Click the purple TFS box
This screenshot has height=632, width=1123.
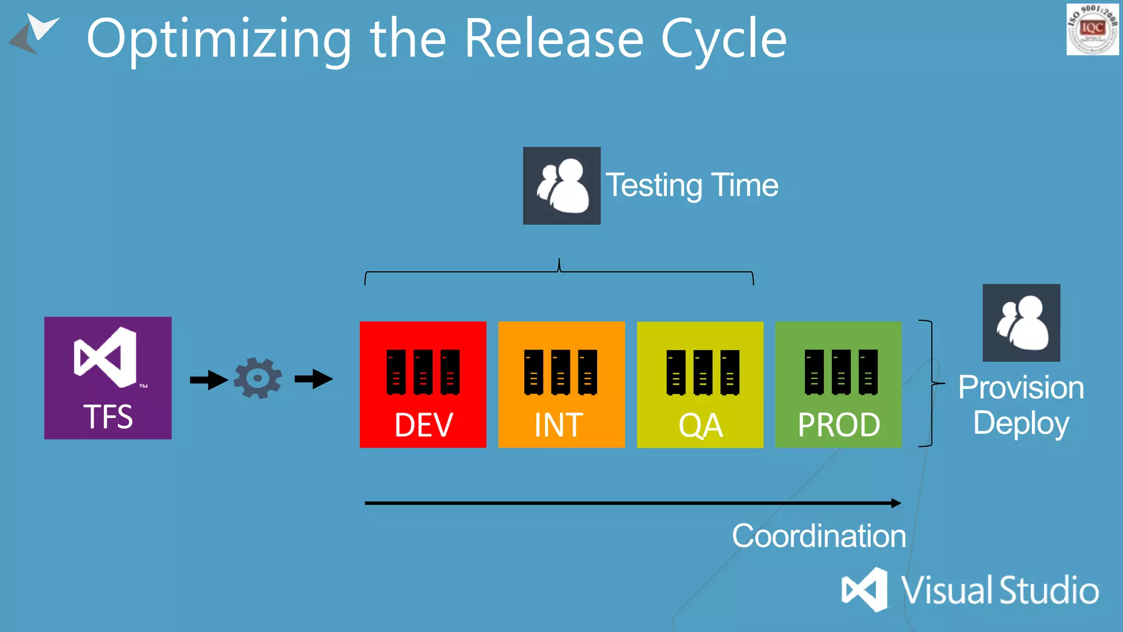[x=107, y=377]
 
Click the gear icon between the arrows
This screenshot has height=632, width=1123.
[x=258, y=378]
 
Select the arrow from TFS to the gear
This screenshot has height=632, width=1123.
[x=209, y=380]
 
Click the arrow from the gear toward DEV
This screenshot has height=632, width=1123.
[x=314, y=379]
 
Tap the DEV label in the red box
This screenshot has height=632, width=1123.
[x=423, y=425]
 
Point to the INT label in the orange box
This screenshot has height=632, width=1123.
[x=559, y=425]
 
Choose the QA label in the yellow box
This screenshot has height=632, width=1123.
[x=700, y=426]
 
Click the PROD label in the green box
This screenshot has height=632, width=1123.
[x=839, y=425]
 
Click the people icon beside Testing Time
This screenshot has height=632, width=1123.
[x=561, y=185]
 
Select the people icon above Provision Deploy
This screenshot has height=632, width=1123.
[x=1021, y=323]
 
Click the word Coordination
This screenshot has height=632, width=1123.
[x=819, y=536]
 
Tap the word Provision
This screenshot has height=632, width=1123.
[x=1021, y=387]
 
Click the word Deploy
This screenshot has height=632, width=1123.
[x=1021, y=423]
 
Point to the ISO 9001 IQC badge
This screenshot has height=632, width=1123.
[x=1092, y=29]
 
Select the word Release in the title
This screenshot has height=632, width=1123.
[x=554, y=38]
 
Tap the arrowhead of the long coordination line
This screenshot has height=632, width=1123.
[x=896, y=503]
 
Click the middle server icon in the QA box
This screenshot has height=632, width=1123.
[x=703, y=373]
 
